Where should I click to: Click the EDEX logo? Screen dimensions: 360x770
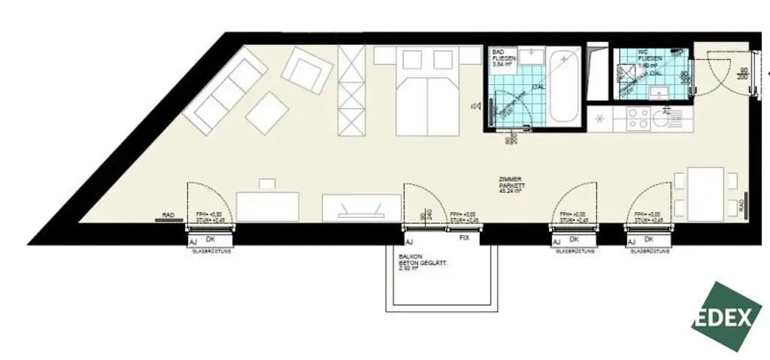coord(726,316)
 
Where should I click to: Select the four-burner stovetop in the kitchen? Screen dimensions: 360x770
coord(638,118)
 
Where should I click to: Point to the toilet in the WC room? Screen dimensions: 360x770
coord(626,74)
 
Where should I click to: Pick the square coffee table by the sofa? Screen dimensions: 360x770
coord(267,113)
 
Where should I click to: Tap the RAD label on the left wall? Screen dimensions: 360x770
coord(168,215)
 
